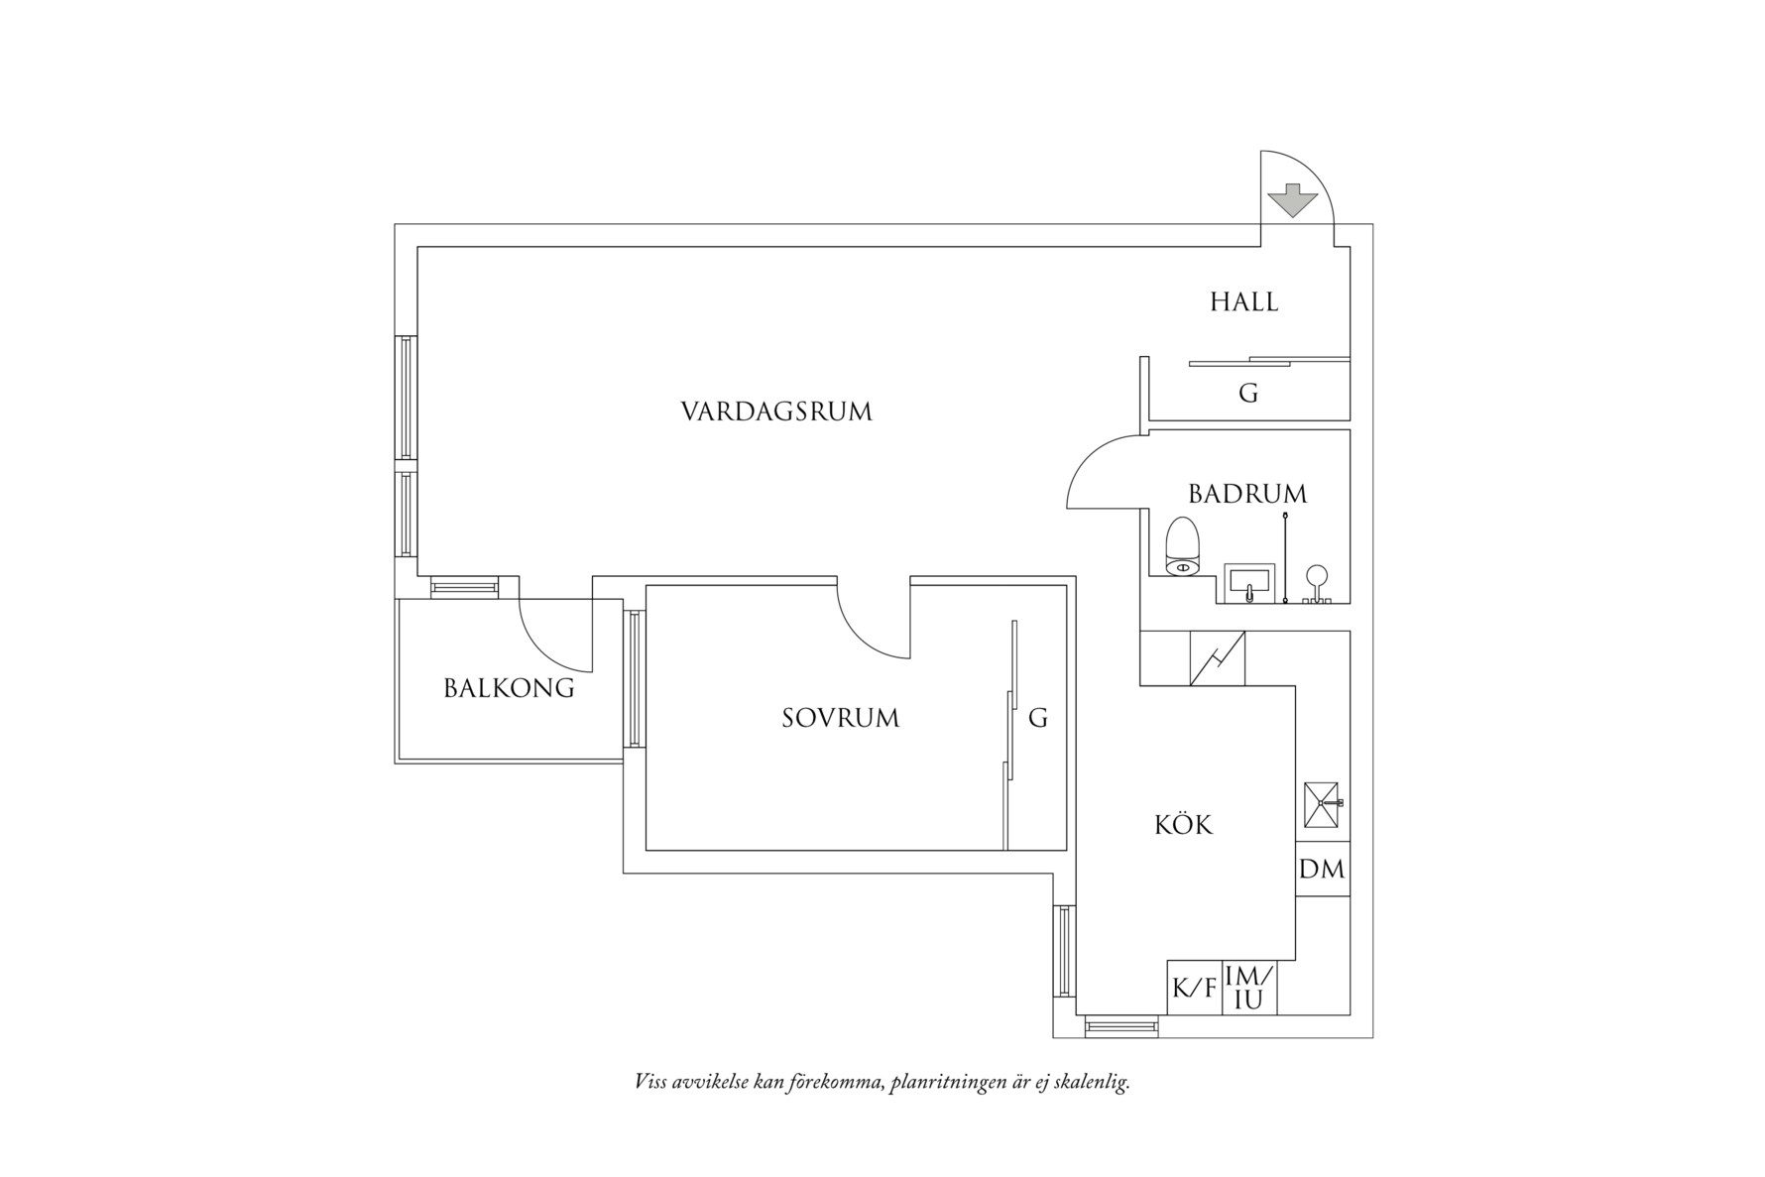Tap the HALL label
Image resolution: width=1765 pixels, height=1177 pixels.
(x=1243, y=302)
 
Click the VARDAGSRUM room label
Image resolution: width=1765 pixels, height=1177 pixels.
(x=776, y=412)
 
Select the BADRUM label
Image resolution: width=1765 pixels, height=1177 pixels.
(x=1247, y=494)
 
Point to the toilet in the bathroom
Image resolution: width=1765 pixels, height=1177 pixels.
(x=1183, y=547)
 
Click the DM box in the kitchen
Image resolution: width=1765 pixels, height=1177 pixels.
(x=1322, y=870)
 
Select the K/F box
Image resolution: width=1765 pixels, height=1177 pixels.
(x=1194, y=989)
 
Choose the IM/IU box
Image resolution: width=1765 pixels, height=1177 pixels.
(x=1248, y=989)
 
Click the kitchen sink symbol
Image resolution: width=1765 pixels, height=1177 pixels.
(x=1322, y=804)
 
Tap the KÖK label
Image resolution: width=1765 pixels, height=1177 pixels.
(x=1184, y=825)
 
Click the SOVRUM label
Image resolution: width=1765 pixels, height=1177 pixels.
(x=840, y=718)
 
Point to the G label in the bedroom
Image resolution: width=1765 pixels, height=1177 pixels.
(x=1037, y=718)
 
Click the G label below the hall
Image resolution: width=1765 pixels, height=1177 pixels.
(x=1248, y=394)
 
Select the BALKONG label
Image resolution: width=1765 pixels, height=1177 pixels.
(x=509, y=688)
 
